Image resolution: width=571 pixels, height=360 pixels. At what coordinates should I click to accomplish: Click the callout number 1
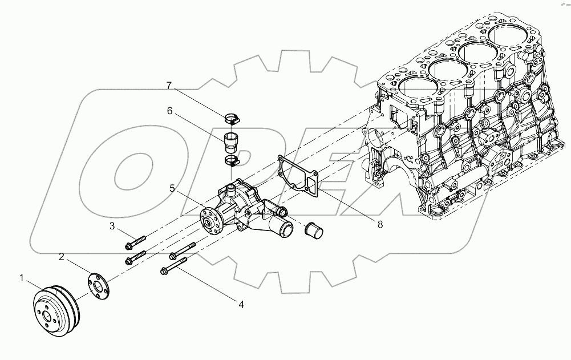pyautogui.click(x=22, y=278)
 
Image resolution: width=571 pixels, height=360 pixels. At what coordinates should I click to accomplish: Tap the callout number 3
pyautogui.click(x=113, y=226)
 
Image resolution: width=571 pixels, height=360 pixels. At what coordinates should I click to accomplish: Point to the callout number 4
pyautogui.click(x=241, y=305)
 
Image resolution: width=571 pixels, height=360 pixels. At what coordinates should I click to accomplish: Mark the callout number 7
pyautogui.click(x=169, y=86)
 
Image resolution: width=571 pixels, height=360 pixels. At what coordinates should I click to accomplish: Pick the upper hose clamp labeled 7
pyautogui.click(x=231, y=119)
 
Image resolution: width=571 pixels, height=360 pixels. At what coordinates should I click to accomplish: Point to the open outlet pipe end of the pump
pyautogui.click(x=283, y=230)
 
